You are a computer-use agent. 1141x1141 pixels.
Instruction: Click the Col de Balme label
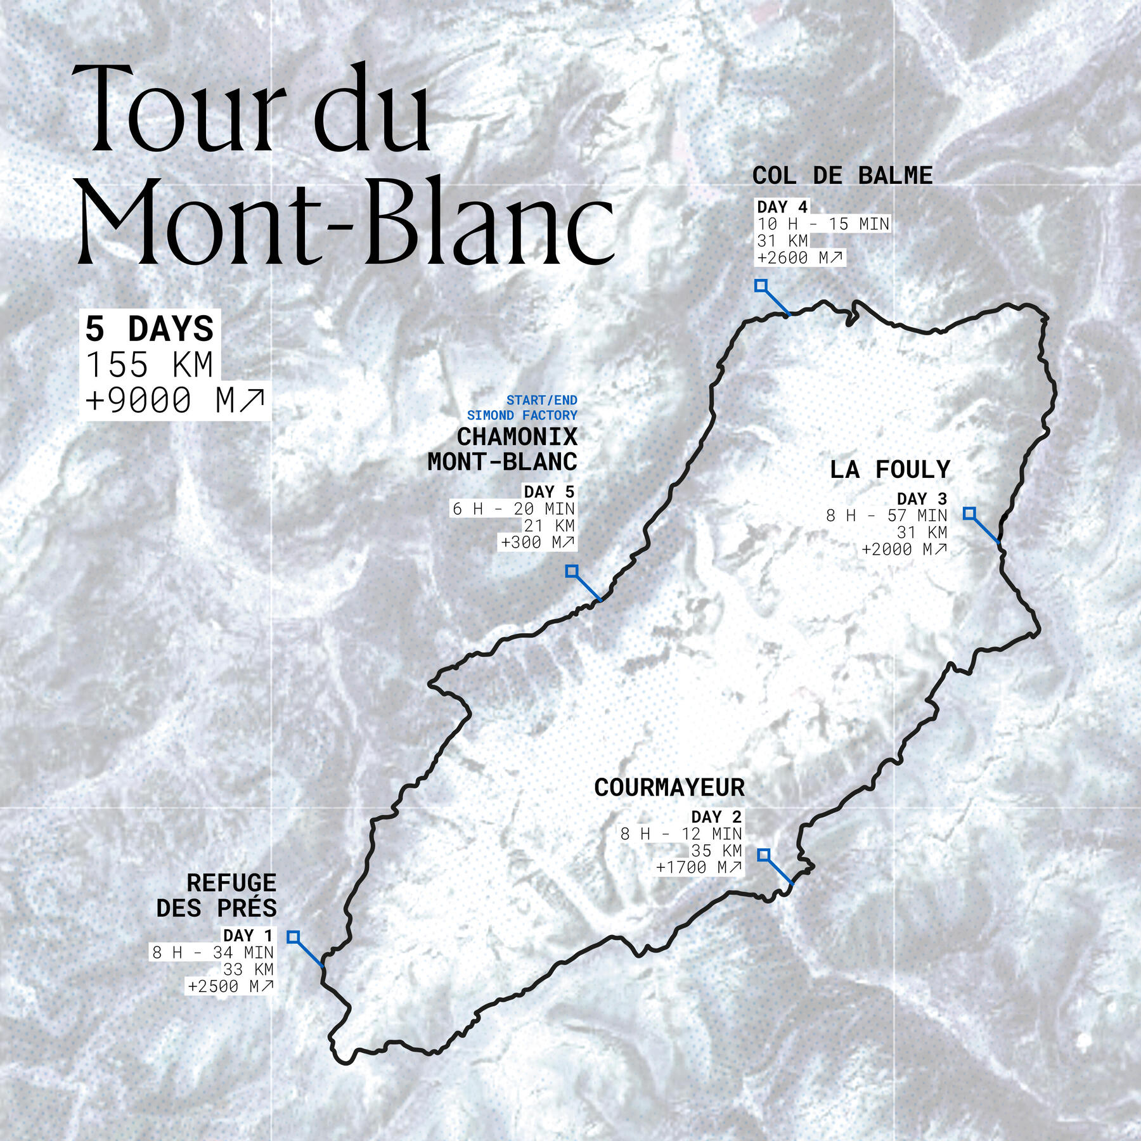tap(842, 176)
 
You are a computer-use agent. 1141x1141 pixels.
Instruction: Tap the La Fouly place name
tap(890, 470)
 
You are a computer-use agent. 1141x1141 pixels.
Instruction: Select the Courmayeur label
tap(669, 787)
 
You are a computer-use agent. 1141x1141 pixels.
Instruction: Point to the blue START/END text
tap(542, 400)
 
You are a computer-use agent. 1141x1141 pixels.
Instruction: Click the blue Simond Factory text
tap(522, 415)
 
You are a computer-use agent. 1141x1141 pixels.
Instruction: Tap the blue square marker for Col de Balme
tap(761, 286)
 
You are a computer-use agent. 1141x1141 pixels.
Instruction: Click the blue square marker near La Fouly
tap(969, 513)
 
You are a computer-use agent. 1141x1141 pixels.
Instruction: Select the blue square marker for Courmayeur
tap(764, 855)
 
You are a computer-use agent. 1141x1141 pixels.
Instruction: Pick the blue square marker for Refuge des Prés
tap(293, 937)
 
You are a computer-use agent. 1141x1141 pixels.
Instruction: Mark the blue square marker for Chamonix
tap(572, 571)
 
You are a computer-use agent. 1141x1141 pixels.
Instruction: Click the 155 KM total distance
tap(150, 365)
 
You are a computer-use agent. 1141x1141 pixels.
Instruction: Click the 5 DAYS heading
tap(150, 329)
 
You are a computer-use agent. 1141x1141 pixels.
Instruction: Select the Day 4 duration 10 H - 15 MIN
tap(823, 224)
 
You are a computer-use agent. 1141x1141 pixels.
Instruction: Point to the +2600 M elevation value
tap(800, 257)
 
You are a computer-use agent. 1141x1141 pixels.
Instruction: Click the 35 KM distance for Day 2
tap(716, 850)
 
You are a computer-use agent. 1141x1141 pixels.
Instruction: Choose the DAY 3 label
tap(922, 499)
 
